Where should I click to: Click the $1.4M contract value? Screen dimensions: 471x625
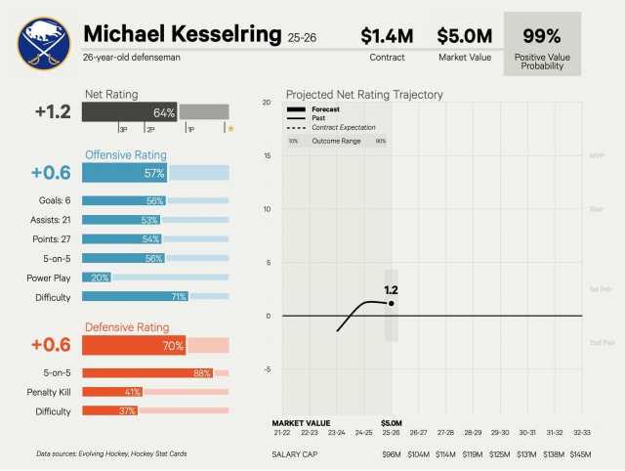tap(387, 36)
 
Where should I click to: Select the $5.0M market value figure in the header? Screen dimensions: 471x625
tap(463, 36)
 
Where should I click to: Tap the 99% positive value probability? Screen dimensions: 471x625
tap(541, 36)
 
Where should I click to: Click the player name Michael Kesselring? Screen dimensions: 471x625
tap(183, 34)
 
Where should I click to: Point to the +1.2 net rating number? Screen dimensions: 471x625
tap(53, 111)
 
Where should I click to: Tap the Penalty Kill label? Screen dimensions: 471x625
tap(48, 392)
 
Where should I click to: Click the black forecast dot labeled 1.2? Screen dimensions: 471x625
tap(392, 303)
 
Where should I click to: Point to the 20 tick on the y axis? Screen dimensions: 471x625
tap(267, 103)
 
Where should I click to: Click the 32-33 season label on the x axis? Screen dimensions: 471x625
tap(580, 432)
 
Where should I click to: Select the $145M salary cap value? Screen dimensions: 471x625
tap(580, 454)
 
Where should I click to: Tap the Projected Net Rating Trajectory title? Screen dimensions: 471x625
tap(364, 95)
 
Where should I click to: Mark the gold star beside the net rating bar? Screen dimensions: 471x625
tap(230, 128)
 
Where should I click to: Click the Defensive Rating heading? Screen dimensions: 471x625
tap(127, 327)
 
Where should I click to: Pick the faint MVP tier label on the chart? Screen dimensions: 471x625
tap(597, 155)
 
